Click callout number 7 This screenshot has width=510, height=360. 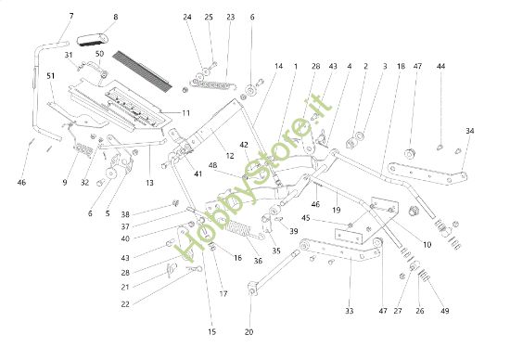pyautogui.click(x=71, y=17)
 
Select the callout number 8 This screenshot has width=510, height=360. pyautogui.click(x=116, y=17)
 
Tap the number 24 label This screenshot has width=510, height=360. pyautogui.click(x=187, y=18)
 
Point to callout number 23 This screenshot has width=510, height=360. pyautogui.click(x=230, y=18)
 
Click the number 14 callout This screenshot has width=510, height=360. pyautogui.click(x=278, y=66)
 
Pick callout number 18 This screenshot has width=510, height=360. pyautogui.click(x=401, y=67)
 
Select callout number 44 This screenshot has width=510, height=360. pyautogui.click(x=441, y=67)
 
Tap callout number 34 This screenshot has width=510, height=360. pyautogui.click(x=470, y=131)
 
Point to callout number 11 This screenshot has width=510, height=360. pyautogui.click(x=186, y=113)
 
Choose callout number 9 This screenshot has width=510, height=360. pyautogui.click(x=65, y=183)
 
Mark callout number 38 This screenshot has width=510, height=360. pyautogui.click(x=150, y=213)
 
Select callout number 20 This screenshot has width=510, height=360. pyautogui.click(x=249, y=331)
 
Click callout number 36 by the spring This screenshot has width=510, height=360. pyautogui.click(x=258, y=261)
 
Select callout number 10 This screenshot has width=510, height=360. pyautogui.click(x=427, y=244)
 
